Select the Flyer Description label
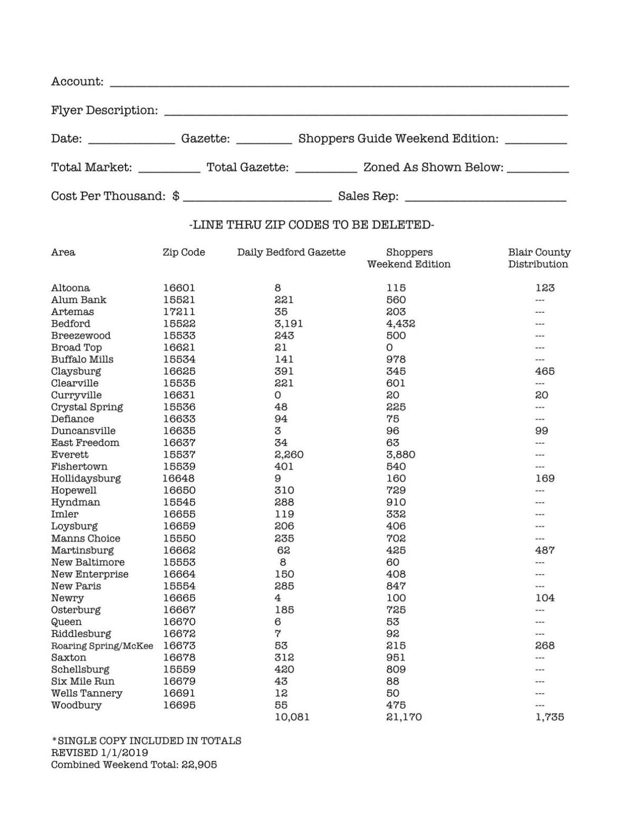[104, 111]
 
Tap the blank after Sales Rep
[485, 198]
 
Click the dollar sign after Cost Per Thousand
[176, 197]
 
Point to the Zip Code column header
[184, 252]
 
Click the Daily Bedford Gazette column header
[291, 252]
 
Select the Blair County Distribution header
[539, 258]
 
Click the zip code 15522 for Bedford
[179, 324]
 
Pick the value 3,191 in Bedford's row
[289, 324]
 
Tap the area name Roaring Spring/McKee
[102, 646]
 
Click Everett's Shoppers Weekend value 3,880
[400, 455]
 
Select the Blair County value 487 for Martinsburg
[544, 550]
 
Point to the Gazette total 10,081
[292, 717]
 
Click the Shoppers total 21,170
[404, 717]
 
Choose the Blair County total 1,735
[549, 717]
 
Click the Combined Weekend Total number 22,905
[199, 765]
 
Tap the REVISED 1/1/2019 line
[99, 753]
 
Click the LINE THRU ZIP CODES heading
[311, 225]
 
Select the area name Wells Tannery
[87, 694]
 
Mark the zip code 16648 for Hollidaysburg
[178, 479]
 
